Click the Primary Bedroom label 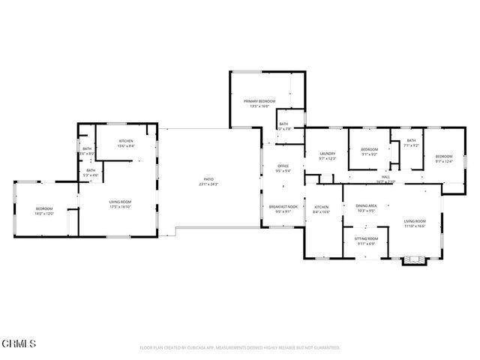(x=259, y=100)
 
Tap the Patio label (x=208, y=179)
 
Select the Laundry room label (x=326, y=153)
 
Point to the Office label (x=283, y=166)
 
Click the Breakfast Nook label (x=283, y=206)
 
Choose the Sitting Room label (x=367, y=238)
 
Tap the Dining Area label (x=366, y=205)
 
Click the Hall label (x=385, y=177)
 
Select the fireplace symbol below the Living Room (x=412, y=260)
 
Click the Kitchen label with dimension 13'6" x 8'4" (x=126, y=142)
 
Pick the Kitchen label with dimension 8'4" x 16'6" (x=322, y=207)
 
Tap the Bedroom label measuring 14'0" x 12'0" (x=45, y=208)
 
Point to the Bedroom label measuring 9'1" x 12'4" (x=444, y=156)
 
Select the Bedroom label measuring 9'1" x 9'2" (x=369, y=149)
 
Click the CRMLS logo (x=19, y=343)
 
